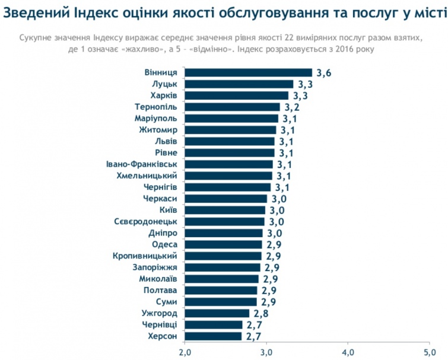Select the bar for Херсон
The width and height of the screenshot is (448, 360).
(x=214, y=336)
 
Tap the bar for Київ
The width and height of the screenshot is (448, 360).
(x=225, y=210)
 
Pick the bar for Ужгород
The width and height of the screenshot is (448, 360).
(x=217, y=313)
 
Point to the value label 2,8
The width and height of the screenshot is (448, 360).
(x=260, y=314)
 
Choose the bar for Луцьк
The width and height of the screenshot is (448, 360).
(x=239, y=84)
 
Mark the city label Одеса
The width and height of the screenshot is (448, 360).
(x=163, y=244)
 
